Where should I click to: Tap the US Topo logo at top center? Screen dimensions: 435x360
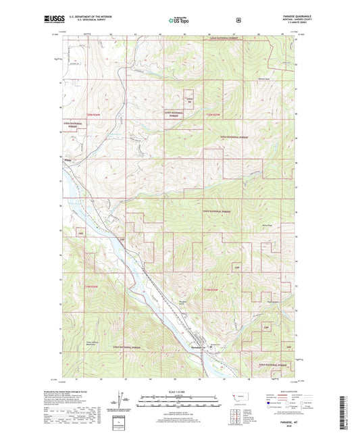point(179,20)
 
